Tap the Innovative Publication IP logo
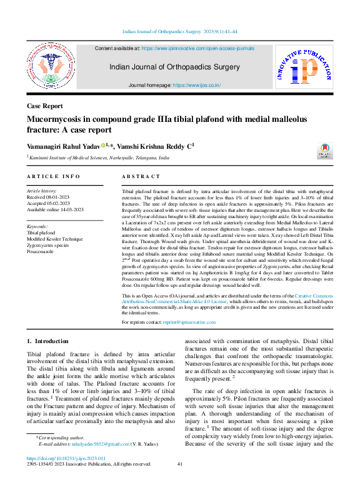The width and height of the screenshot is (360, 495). (x=304, y=71)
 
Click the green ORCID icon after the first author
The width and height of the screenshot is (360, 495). (x=104, y=145)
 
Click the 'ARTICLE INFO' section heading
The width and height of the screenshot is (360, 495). (x=53, y=177)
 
